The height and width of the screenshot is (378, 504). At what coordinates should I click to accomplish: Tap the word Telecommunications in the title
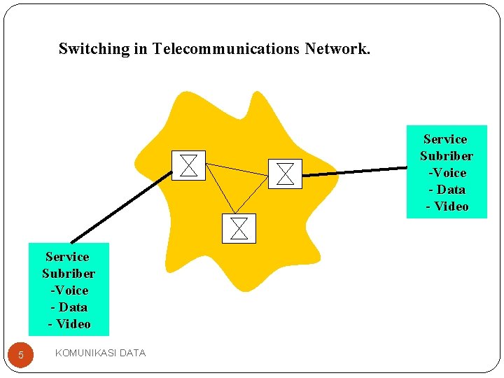pos(227,49)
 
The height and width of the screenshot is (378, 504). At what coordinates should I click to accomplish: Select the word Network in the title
pos(337,49)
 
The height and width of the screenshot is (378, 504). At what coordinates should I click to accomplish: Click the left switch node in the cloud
pos(188,165)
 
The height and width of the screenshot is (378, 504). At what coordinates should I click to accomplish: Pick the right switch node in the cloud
pos(285,173)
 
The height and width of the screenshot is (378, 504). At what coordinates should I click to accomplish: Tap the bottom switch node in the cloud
pos(239,228)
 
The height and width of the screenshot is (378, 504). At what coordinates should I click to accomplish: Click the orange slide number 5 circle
pos(20,355)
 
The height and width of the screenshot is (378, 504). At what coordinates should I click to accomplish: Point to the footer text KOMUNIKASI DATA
pos(100,353)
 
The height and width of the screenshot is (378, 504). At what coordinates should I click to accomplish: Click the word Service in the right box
pos(445,139)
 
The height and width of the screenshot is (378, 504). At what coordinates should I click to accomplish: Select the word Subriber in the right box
pos(446,156)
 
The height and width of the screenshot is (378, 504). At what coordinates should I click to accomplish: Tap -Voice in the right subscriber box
pos(447,173)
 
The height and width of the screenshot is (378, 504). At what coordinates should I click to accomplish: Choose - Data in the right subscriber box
pos(447,190)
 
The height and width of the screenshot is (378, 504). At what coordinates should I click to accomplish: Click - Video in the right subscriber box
pos(447,206)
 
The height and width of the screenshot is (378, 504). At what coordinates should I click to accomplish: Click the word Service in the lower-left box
pos(67,257)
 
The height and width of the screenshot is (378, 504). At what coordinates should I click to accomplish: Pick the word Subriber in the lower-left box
pos(69,274)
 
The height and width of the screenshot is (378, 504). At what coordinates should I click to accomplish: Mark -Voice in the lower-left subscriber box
pos(69,290)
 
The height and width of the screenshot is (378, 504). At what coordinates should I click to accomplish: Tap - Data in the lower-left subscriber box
pos(69,307)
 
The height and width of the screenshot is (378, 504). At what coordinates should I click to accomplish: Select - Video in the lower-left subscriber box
pos(69,324)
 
